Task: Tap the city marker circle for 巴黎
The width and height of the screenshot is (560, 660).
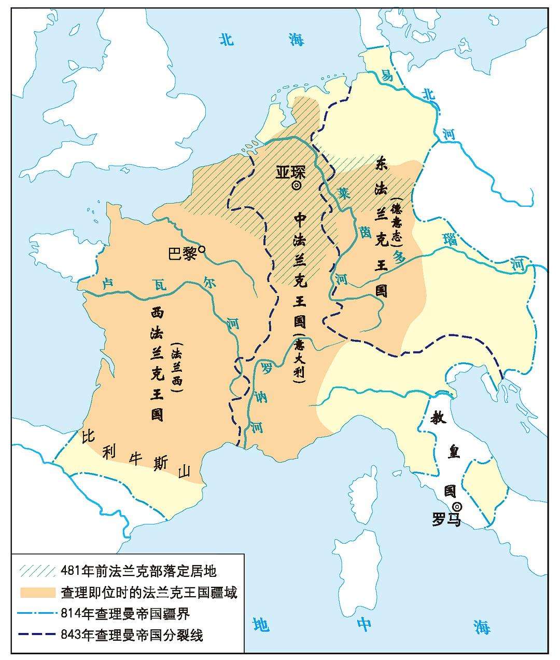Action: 202,250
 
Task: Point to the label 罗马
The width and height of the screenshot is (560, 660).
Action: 446,519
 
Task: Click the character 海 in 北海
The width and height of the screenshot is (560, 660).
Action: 297,41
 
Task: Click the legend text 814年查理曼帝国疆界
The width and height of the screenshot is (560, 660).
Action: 125,613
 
